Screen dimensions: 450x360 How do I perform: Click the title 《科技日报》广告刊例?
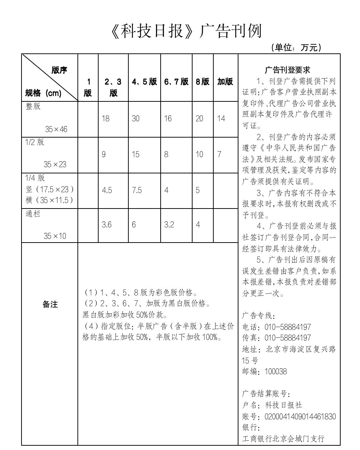point(186,32)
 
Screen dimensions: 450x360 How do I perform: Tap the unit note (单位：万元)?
point(296,47)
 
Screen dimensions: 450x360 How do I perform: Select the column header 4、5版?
point(144,82)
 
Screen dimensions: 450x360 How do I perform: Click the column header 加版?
point(225,82)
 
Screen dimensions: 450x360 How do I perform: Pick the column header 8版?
point(203,82)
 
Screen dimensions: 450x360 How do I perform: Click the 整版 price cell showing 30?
point(136,119)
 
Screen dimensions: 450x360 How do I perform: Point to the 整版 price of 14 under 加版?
point(221,119)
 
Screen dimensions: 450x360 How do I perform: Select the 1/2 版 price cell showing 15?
point(136,154)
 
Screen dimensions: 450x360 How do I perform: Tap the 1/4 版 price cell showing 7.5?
point(137,190)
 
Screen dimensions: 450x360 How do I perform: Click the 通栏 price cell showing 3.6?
point(106,225)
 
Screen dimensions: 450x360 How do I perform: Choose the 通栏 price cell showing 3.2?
point(169,225)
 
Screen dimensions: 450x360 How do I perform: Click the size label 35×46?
point(56,129)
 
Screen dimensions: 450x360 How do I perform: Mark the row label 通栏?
point(33,214)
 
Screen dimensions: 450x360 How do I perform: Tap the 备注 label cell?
point(50,305)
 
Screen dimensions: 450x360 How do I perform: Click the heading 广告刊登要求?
point(288,70)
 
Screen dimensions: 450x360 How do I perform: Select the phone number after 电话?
point(288,327)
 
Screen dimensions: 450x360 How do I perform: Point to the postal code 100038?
point(276,372)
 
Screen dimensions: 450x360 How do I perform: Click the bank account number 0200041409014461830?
point(300,416)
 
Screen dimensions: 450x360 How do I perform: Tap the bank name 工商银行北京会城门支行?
point(283,438)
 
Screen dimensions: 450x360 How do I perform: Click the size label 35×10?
point(55,236)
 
